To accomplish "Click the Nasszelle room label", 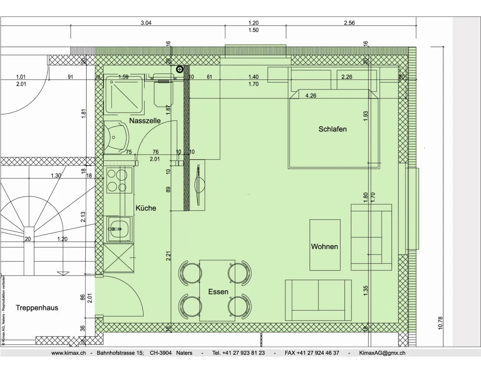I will click(145, 120).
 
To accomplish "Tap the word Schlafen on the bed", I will click(332, 129).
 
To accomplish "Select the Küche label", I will click(146, 208).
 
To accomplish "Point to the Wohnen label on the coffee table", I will click(324, 247).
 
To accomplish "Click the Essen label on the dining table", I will click(218, 292).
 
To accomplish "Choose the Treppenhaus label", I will click(37, 308).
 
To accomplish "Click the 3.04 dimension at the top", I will click(146, 23).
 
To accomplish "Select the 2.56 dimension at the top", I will click(349, 23).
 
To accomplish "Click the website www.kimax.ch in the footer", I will click(69, 353).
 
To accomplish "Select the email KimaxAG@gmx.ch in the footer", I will click(382, 353).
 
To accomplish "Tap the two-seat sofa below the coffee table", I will click(318, 300).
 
